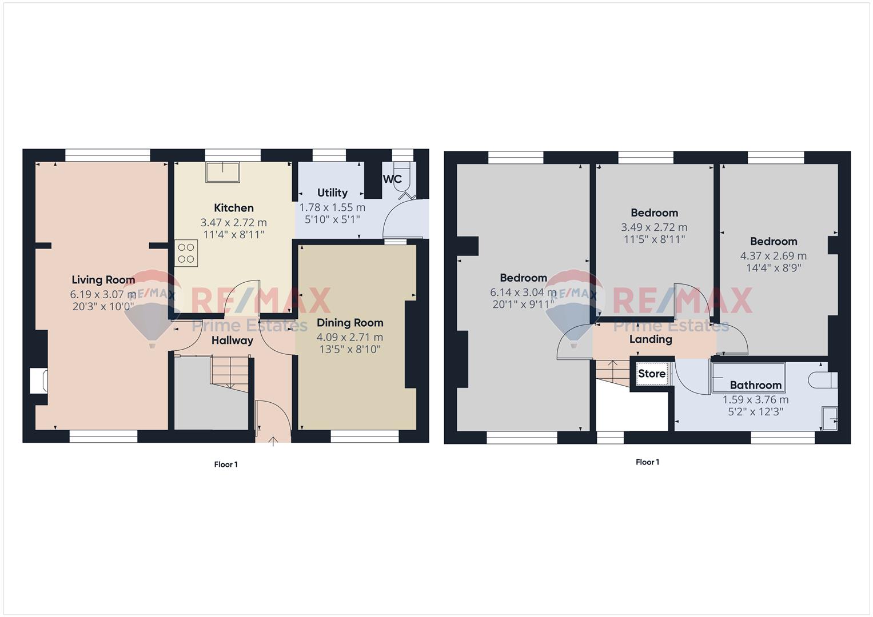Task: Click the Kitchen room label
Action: (x=234, y=207)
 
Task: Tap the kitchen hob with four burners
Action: (x=186, y=253)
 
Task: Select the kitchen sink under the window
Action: (x=222, y=173)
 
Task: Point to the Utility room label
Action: (x=332, y=193)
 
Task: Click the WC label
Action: (x=392, y=179)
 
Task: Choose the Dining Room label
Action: (x=350, y=323)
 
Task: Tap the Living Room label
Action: (x=103, y=280)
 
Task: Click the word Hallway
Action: (x=232, y=341)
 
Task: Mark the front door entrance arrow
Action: (x=273, y=441)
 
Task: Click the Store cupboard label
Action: (x=652, y=374)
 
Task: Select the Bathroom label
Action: (x=756, y=385)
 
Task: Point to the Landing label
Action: (x=651, y=339)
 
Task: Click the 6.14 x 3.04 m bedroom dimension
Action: (x=523, y=292)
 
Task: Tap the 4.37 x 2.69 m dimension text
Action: (x=773, y=256)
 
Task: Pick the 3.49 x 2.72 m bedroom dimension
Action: (x=654, y=227)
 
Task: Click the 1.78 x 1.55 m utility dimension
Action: (x=332, y=207)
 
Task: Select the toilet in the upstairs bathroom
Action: (x=823, y=380)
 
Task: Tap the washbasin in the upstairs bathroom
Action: (x=830, y=418)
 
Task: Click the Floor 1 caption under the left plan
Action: (x=226, y=464)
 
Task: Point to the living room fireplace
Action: (x=39, y=380)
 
